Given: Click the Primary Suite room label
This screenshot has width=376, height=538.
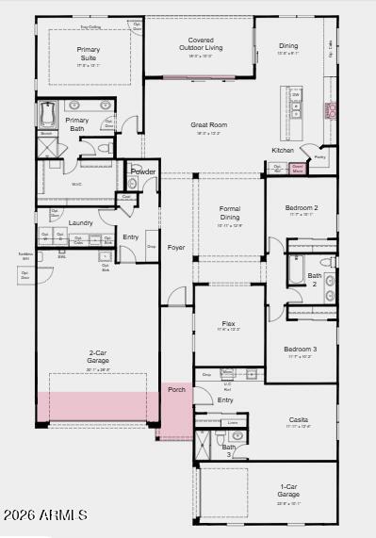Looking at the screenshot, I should (x=89, y=54).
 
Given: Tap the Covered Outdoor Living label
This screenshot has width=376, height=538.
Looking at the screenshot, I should (x=200, y=44).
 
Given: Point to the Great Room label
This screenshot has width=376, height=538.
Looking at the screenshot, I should (x=209, y=124).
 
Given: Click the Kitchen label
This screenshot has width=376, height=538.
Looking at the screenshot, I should (x=283, y=150).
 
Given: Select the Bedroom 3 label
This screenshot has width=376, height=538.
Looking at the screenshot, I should (x=301, y=350).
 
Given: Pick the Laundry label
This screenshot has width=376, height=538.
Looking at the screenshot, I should (x=80, y=223).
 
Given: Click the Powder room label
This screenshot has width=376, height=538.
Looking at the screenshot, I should (x=143, y=172).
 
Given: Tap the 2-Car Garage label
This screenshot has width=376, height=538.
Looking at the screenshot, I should (x=99, y=356).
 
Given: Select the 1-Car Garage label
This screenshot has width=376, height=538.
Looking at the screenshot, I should (x=288, y=490).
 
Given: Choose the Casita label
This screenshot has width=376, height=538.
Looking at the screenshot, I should (x=298, y=419).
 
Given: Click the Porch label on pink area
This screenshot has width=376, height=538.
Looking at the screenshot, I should (x=176, y=389).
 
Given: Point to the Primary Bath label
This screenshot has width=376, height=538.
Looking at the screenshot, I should (x=78, y=123).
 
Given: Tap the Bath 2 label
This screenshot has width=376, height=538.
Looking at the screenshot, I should (x=315, y=279).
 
